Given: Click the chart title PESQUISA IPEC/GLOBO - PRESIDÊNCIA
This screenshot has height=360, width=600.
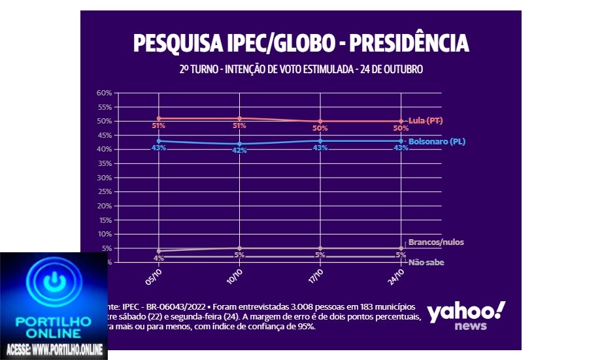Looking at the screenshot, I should (301, 43).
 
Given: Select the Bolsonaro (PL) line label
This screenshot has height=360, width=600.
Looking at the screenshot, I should (437, 141).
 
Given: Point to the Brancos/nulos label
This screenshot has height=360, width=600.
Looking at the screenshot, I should (436, 242).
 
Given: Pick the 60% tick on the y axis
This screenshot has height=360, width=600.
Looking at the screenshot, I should (105, 93).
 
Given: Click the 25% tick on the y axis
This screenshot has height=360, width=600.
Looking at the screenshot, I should (105, 191).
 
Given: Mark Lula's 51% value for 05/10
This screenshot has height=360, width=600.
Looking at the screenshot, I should (159, 125).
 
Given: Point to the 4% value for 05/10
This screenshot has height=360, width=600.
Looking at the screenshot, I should (159, 258).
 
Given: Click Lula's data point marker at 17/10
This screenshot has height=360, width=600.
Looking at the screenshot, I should (320, 121).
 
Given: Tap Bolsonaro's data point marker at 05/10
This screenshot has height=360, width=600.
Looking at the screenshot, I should (159, 141).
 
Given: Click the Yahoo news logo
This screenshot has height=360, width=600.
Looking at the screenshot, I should (466, 316).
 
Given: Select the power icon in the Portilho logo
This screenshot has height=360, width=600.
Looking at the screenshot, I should (54, 283).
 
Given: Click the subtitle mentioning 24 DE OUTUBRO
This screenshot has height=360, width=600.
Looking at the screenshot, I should (301, 69).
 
